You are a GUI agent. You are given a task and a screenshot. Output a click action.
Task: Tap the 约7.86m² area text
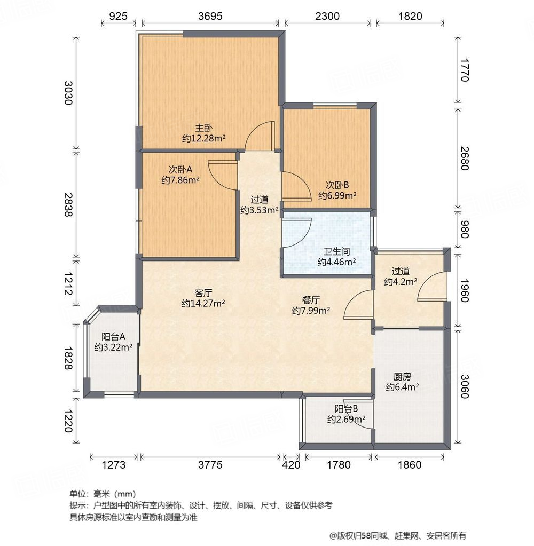click(x=180, y=180)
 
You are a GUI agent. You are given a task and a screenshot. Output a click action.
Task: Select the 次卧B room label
click(x=337, y=185)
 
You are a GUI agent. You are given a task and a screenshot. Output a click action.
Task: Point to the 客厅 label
click(x=203, y=293)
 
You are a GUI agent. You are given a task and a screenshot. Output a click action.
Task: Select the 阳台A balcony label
click(x=113, y=337)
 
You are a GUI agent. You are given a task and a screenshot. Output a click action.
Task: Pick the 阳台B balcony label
click(x=346, y=409)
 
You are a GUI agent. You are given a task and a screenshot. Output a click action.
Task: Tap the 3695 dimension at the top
click(x=210, y=16)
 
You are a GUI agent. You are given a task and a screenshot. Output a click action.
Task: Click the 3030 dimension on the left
click(x=68, y=92)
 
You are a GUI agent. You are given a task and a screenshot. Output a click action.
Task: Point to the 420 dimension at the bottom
click(x=290, y=465)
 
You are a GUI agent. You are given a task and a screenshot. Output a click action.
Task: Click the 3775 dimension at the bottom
click(x=209, y=465)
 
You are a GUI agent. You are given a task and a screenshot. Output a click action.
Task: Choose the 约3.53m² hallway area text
click(x=259, y=210)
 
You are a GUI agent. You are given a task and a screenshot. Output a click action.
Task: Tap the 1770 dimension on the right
click(x=464, y=71)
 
